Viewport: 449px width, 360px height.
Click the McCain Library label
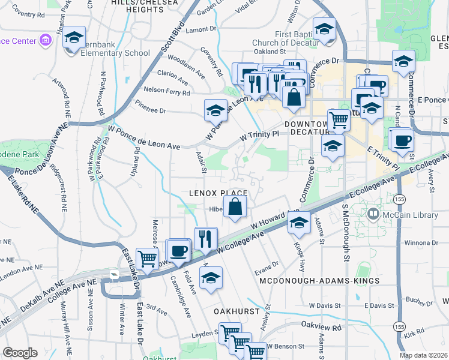400,213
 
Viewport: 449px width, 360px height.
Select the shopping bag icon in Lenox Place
237,206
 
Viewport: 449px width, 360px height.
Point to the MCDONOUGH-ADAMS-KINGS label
319,281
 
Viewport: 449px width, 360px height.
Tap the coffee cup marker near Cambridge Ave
178,250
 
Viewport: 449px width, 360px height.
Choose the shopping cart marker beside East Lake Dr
147,259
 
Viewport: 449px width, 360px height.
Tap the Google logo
20,353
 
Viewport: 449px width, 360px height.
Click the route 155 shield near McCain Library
398,199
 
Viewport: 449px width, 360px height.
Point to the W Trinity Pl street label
259,135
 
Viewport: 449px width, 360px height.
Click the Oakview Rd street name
321,328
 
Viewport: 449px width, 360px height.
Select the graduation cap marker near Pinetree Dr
215,110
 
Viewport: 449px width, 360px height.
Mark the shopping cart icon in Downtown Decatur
339,120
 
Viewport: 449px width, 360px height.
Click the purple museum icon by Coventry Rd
45,40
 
